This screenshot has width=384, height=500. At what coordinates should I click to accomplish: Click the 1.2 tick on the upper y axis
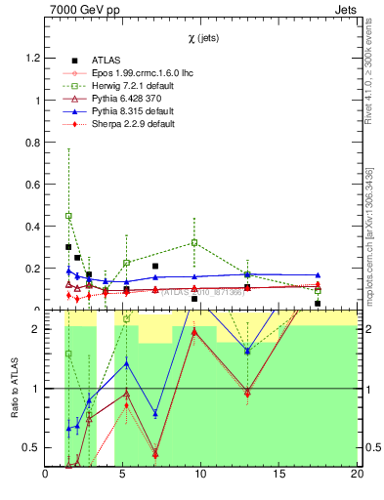pos(32,58)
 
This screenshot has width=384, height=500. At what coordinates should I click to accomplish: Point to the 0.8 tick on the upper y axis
pos(32,143)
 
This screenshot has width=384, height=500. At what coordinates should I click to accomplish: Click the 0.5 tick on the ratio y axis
pos(32,447)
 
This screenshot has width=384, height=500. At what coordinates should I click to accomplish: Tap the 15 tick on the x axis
pos(279,475)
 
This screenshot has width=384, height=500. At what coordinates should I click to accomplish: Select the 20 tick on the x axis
pos(356,475)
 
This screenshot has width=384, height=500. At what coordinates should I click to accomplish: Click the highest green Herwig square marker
pos(68,215)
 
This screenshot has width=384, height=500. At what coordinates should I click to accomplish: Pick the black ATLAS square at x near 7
pos(155,266)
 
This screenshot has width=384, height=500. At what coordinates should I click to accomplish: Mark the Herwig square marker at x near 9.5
pos(194,242)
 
